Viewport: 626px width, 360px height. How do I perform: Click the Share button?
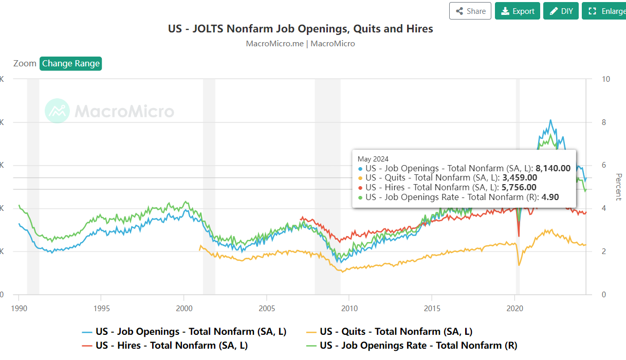click(x=470, y=11)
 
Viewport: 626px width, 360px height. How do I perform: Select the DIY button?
click(x=561, y=11)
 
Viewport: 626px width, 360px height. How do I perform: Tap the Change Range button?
click(x=71, y=63)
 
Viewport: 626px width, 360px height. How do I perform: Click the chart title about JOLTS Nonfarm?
click(x=301, y=29)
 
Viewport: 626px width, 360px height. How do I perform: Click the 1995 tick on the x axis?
click(x=101, y=308)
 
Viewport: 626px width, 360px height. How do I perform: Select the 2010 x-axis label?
click(x=349, y=308)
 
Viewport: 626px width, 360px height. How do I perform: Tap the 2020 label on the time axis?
click(x=514, y=308)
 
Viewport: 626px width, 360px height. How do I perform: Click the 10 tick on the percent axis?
click(x=606, y=79)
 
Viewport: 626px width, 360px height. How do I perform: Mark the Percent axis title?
click(x=618, y=187)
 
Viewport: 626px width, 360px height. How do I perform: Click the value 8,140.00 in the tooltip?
click(x=553, y=168)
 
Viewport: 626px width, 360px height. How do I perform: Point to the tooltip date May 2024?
click(x=373, y=158)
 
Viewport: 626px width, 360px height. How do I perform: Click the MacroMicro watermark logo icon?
click(x=57, y=111)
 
